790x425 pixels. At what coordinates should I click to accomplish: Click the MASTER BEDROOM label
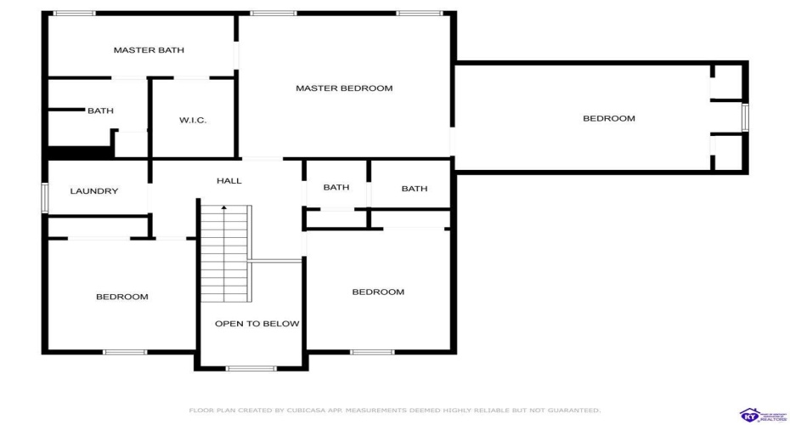[x=344, y=88]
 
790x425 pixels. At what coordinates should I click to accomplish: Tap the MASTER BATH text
[x=149, y=50]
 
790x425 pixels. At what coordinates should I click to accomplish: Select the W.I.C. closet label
[x=193, y=121]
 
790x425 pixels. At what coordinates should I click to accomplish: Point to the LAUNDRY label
[x=94, y=191]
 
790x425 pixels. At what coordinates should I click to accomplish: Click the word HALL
[x=229, y=181]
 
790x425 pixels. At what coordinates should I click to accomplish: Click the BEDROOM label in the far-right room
[x=608, y=118]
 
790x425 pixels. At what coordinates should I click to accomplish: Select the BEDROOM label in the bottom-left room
[x=121, y=297]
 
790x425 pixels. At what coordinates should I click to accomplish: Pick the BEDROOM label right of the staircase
[x=378, y=292]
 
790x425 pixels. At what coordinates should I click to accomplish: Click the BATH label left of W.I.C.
[x=100, y=110]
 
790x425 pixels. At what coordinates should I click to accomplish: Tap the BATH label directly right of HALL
[x=336, y=188]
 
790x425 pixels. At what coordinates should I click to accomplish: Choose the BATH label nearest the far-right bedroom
[x=415, y=189]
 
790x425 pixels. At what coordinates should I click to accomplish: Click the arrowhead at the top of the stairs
[x=224, y=207]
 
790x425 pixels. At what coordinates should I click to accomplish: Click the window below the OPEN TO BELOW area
[x=251, y=368]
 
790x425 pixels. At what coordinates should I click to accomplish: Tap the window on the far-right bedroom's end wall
[x=745, y=117]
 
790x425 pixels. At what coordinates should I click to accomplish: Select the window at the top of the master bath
[x=74, y=14]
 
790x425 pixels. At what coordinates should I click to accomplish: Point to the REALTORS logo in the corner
[x=760, y=415]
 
